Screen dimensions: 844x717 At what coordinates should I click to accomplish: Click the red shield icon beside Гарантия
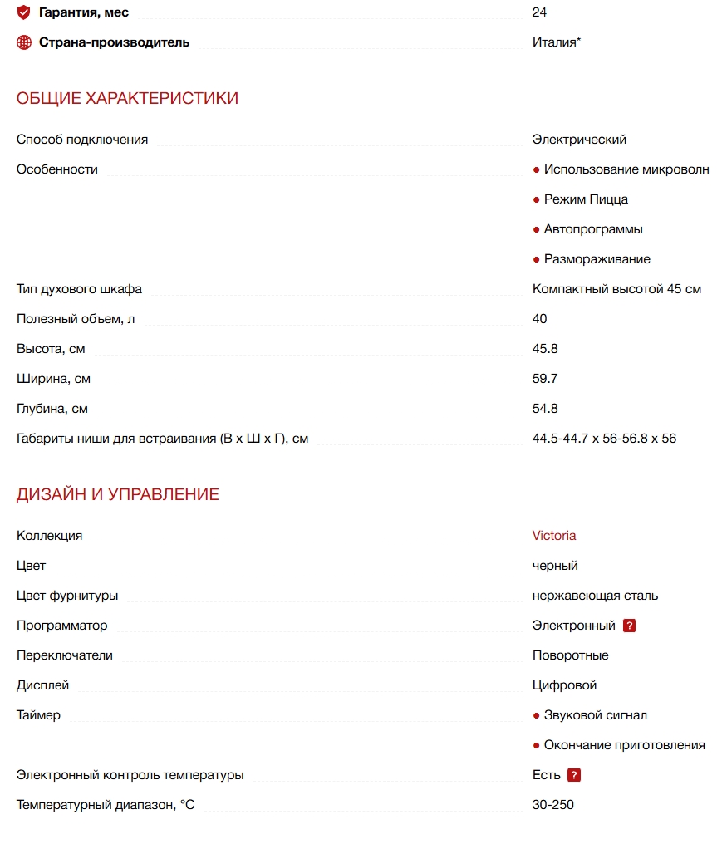coord(24,12)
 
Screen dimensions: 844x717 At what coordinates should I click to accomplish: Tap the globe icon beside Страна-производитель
coord(24,42)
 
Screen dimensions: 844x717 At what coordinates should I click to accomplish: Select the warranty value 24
coord(539,12)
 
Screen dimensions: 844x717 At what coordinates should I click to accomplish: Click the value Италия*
coord(556,42)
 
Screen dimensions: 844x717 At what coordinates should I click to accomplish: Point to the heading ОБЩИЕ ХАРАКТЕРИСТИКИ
coord(127,98)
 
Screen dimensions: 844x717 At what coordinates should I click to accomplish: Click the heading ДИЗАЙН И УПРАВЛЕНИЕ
coord(118,494)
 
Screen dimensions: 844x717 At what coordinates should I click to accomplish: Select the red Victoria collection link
coord(554,536)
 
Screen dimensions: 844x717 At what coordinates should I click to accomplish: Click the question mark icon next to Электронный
coord(629,626)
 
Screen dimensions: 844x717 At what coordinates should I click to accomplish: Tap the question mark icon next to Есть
coord(574,775)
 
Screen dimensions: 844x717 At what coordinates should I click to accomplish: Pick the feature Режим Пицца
coord(586,199)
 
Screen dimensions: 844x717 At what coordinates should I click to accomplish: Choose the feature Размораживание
coord(597,259)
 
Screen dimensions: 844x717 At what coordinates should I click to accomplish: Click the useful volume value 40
coord(539,319)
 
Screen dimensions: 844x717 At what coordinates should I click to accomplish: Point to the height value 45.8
coord(545,349)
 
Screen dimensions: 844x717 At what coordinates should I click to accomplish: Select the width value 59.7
coord(545,379)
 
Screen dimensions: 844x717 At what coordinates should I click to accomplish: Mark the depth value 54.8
coord(545,409)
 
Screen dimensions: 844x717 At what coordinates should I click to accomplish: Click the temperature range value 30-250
coord(552,805)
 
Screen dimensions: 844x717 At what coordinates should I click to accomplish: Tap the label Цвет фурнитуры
coord(67,596)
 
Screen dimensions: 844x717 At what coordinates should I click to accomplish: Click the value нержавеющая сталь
coord(595,596)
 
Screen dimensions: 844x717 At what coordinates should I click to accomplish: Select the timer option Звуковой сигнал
coord(595,715)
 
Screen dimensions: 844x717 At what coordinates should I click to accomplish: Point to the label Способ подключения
coord(82,140)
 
